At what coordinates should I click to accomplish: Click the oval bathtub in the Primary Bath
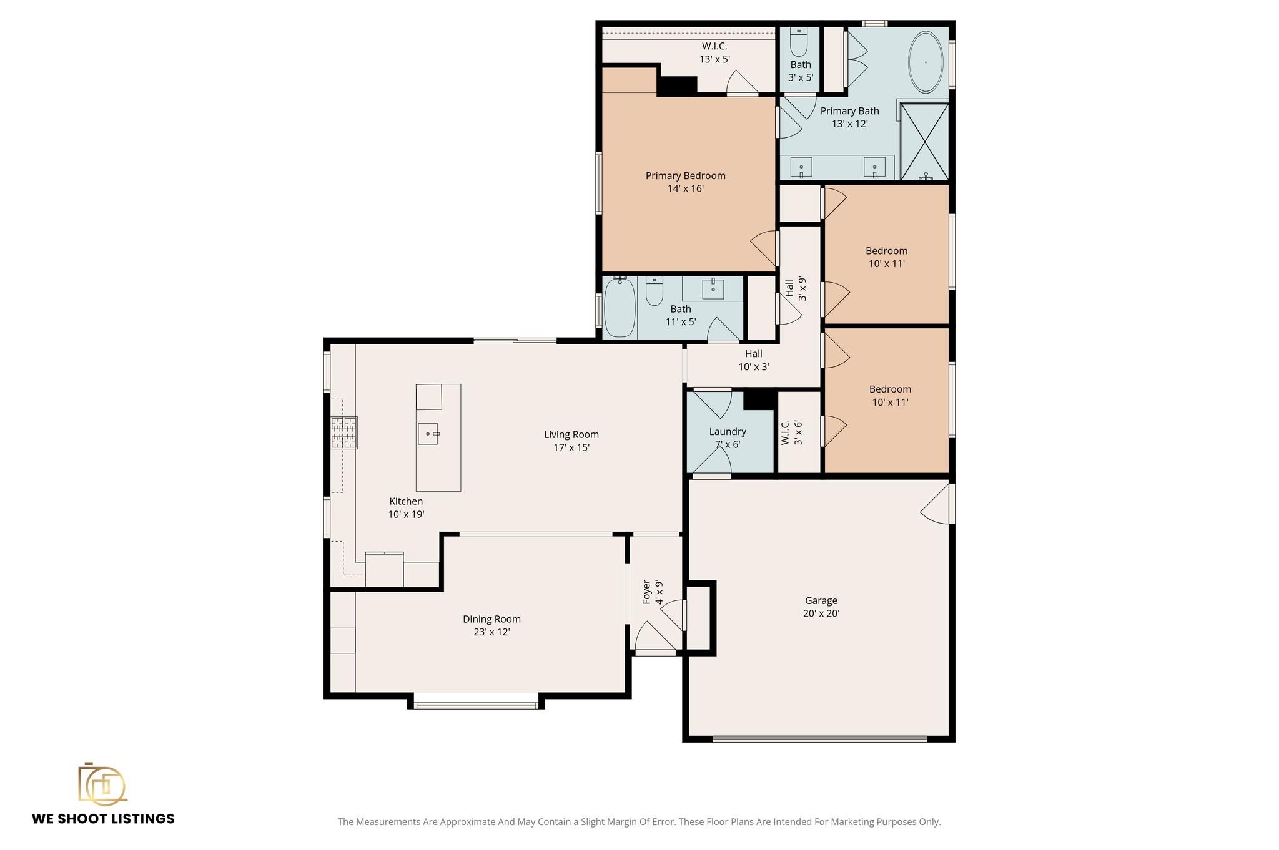point(925,62)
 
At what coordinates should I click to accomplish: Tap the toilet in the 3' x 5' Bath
point(799,42)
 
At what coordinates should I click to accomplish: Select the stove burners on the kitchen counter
point(343,432)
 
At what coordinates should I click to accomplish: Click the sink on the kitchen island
point(428,433)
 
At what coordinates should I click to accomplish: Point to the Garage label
point(821,600)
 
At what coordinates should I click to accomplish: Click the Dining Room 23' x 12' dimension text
point(491,632)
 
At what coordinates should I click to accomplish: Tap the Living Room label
point(571,434)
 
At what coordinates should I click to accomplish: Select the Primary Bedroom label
point(685,176)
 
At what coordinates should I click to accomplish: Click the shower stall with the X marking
point(924,142)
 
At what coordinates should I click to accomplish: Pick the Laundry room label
point(728,431)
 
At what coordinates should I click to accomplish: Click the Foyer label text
point(647,592)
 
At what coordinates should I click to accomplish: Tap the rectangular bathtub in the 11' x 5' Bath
point(620,308)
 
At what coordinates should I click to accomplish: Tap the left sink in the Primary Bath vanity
point(801,167)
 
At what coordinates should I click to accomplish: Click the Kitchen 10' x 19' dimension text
point(406,515)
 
